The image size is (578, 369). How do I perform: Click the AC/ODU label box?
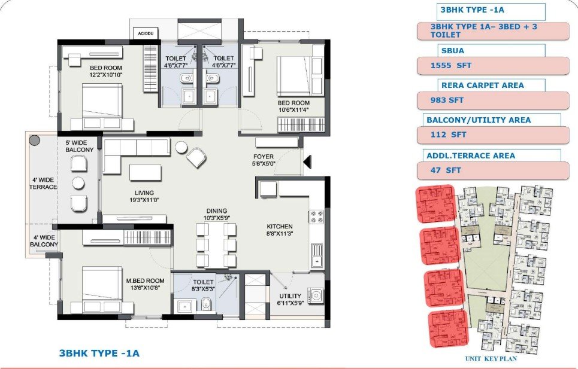(146, 33)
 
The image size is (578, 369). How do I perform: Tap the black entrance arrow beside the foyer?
(307, 161)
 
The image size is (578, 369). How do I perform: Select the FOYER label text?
(264, 157)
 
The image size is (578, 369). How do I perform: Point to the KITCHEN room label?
(280, 227)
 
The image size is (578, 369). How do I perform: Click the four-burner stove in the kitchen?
(316, 216)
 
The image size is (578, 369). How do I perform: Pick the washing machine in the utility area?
(315, 295)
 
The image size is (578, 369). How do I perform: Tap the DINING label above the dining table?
(217, 211)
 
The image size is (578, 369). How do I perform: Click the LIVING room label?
(144, 193)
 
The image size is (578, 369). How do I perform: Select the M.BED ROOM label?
(145, 280)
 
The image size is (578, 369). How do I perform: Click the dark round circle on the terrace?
(35, 140)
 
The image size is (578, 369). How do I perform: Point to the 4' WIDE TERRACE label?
(43, 183)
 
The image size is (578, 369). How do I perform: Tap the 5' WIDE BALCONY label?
(79, 146)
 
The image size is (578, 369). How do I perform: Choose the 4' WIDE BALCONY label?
(44, 241)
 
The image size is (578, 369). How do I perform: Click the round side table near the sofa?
(181, 147)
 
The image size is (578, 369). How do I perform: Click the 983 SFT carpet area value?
(447, 100)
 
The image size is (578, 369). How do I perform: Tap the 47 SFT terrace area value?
(446, 170)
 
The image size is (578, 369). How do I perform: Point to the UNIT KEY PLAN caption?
(491, 359)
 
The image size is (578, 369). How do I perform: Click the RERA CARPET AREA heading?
(483, 86)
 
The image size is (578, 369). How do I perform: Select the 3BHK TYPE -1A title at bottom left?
(99, 353)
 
